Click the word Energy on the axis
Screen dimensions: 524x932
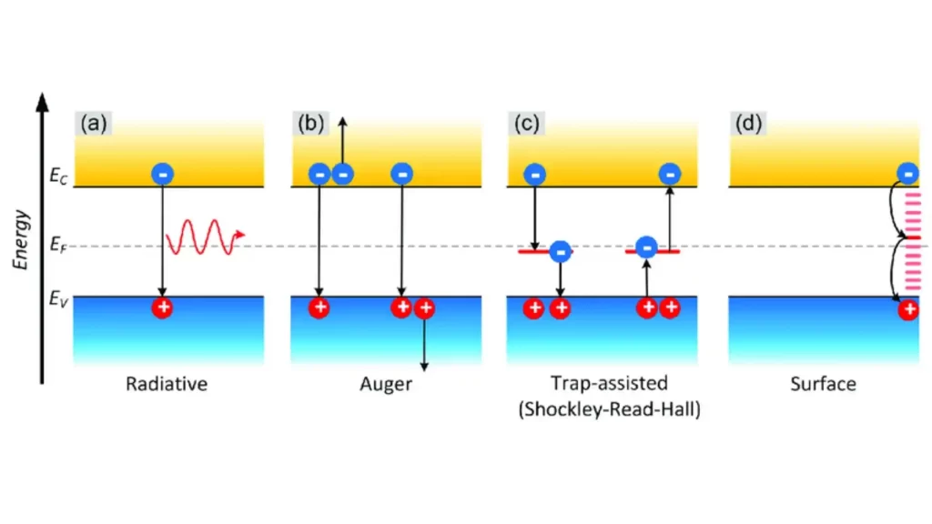(23, 238)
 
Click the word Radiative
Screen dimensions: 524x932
(167, 384)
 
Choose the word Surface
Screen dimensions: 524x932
(823, 384)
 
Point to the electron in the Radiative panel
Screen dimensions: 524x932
(162, 173)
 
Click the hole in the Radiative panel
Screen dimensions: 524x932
(162, 307)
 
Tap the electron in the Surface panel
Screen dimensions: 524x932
(907, 173)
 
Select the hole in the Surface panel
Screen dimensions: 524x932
(907, 311)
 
